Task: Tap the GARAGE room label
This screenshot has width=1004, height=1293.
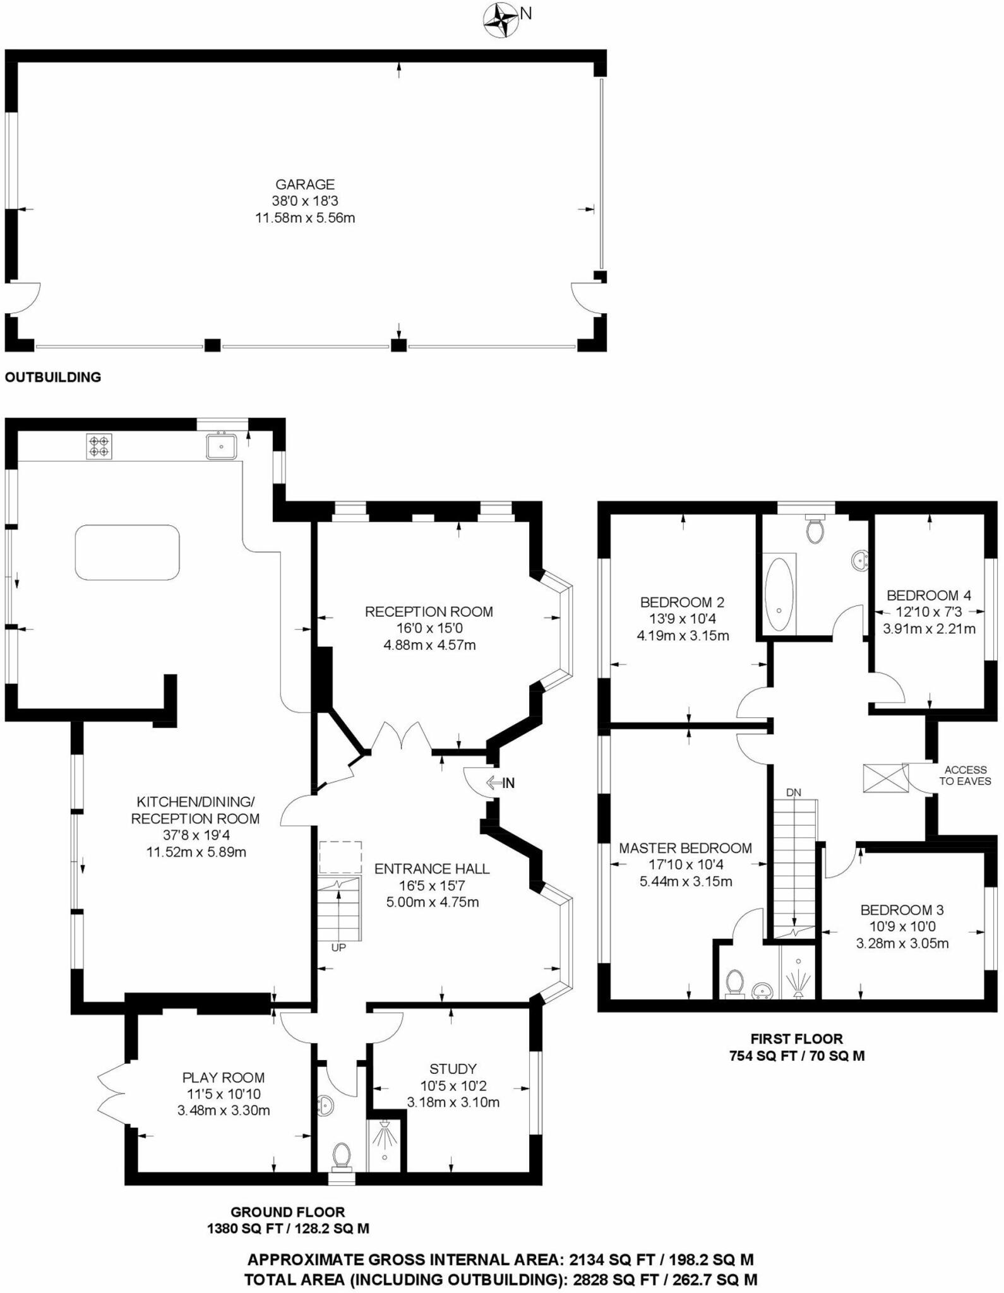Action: [x=305, y=184]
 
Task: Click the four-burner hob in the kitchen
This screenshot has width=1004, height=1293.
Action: [x=99, y=446]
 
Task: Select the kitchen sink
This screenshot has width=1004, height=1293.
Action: [x=221, y=446]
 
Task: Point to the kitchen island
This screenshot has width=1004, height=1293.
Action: [x=127, y=552]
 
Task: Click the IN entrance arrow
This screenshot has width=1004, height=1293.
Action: [x=500, y=783]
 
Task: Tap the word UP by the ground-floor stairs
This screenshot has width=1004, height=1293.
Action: [x=338, y=947]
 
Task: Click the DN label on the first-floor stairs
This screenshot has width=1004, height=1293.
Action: [x=794, y=792]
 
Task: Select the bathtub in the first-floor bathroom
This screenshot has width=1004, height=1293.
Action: [x=779, y=593]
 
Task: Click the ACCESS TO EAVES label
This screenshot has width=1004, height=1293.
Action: [x=965, y=775]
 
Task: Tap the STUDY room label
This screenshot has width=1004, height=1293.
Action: [x=453, y=1069]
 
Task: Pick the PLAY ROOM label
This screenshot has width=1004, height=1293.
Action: [x=224, y=1078]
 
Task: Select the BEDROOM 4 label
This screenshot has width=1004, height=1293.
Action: [x=929, y=595]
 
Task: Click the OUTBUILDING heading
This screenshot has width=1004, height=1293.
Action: [x=53, y=378]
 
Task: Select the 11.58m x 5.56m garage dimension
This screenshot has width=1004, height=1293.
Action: [x=305, y=218]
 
